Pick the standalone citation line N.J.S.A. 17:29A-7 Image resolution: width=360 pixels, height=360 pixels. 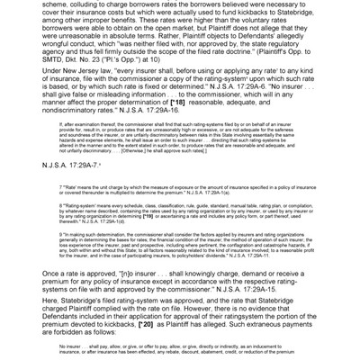point(73,166)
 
